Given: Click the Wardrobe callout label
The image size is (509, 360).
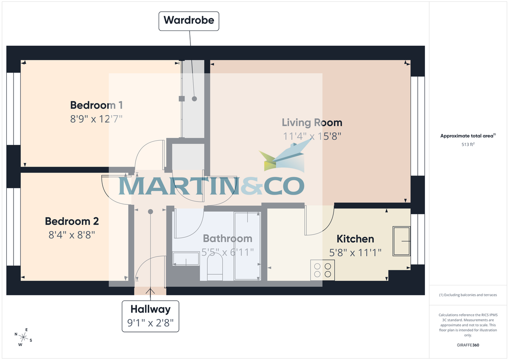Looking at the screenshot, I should coord(189,20).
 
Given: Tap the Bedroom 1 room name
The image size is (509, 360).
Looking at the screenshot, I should coord(96,105).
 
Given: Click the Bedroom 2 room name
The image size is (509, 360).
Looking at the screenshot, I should coord(72,221).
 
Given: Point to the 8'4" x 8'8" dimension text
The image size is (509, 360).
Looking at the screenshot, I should coord(72,234).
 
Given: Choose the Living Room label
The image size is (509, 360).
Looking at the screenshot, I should coord(312,123).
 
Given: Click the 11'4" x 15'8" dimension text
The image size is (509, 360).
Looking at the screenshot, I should coord(312,136).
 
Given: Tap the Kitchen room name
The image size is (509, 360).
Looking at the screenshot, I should coord(355,239).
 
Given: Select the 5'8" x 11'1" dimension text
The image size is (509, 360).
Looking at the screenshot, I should coord(355,252).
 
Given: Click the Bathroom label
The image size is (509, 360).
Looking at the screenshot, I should coord(227,239).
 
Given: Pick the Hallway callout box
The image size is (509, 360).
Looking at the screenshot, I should coord(151,316).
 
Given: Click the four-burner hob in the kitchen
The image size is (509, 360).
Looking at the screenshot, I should coord(322,270).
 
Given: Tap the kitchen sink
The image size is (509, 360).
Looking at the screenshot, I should coord(401,241).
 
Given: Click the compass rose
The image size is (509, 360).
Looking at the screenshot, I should coord(24,338).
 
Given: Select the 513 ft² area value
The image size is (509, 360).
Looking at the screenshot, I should coord(468,145).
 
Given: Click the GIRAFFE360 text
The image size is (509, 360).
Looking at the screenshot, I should coord(468,345).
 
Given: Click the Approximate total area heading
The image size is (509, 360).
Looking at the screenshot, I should coord(467,136).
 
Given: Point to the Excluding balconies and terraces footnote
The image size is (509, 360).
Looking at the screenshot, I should coord(468,295).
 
